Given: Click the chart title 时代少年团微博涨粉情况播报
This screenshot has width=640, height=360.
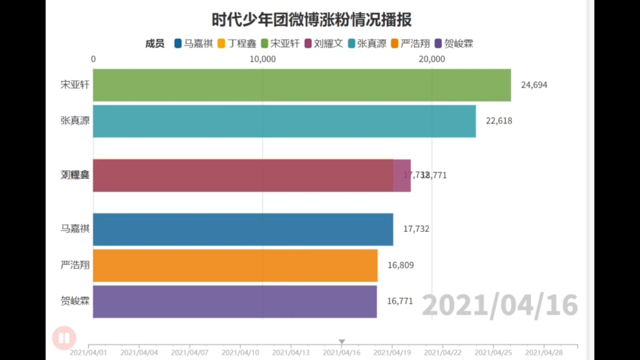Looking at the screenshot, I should click(x=311, y=20).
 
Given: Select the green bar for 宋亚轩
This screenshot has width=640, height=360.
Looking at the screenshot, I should click(x=302, y=85).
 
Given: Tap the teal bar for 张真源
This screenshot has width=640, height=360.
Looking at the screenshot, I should click(x=284, y=121).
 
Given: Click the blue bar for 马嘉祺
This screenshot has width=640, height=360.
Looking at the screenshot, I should click(x=243, y=229).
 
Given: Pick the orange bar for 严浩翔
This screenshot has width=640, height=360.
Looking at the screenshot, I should click(x=236, y=265).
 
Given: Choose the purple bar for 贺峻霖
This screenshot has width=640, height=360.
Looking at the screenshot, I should click(x=235, y=301).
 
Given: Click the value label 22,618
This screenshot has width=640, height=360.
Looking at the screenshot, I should click(x=499, y=121).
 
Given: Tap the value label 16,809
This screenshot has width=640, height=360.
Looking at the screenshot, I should click(x=401, y=265).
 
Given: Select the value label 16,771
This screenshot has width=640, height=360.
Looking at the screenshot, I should click(x=400, y=301).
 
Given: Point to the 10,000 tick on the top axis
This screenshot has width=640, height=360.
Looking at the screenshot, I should click(x=262, y=59).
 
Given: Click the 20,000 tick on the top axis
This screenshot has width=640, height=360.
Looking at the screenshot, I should click(x=432, y=59).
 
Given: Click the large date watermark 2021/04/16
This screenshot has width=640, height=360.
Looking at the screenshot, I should click(x=499, y=306).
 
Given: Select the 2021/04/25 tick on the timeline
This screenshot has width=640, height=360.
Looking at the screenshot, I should click(x=493, y=352).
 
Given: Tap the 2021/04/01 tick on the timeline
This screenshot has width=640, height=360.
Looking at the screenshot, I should click(x=89, y=352).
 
